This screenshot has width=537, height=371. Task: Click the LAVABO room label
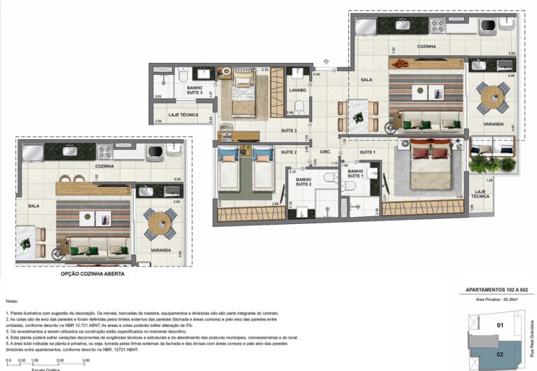(299, 90)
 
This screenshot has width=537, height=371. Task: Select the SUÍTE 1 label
(368, 152)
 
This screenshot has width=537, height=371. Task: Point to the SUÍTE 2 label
(289, 152)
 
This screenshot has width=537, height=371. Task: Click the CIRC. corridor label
(326, 152)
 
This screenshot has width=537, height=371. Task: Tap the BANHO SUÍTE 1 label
(355, 174)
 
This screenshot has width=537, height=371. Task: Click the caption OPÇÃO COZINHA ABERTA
(93, 274)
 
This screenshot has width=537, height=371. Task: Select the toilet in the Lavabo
(299, 107)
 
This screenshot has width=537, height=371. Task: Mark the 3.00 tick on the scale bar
(86, 360)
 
